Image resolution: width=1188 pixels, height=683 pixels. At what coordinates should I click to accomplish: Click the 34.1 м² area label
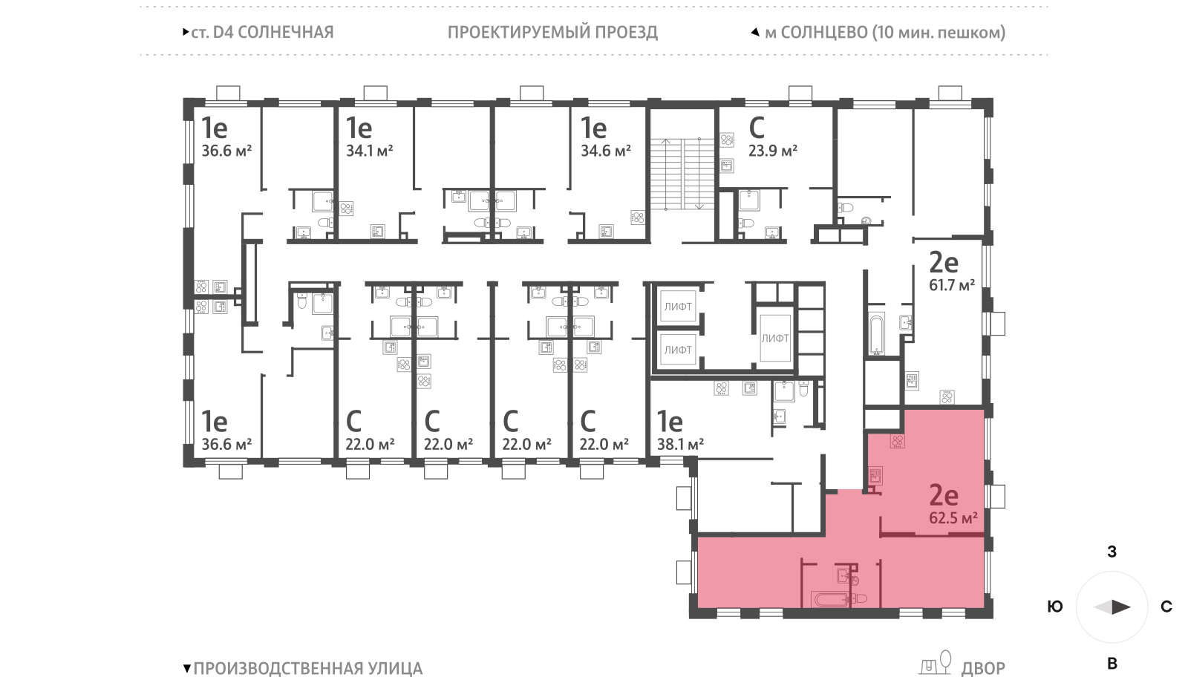[369, 151]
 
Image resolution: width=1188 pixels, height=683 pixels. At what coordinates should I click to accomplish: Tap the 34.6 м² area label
[605, 151]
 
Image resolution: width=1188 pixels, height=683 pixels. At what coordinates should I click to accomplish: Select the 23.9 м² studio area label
[772, 151]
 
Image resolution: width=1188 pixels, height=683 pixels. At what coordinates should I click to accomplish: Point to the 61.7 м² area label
[951, 285]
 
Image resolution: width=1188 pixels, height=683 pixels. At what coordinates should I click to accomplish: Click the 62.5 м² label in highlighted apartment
[953, 518]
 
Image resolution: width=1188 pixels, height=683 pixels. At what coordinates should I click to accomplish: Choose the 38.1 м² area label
[680, 445]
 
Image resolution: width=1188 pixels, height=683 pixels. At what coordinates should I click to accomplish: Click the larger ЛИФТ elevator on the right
[774, 338]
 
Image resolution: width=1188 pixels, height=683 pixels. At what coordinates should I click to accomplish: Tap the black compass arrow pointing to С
[1120, 607]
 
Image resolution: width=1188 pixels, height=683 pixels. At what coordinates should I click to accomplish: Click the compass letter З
[1112, 552]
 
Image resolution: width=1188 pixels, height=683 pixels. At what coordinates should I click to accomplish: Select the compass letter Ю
[1054, 607]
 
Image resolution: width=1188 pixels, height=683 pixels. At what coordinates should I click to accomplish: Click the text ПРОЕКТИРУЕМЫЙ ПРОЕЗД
[552, 33]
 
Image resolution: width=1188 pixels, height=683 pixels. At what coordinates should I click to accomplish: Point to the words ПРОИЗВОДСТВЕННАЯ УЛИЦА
[307, 669]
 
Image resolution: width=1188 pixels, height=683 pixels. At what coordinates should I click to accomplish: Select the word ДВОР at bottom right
[982, 669]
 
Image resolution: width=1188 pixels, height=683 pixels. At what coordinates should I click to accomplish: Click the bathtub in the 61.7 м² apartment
[876, 335]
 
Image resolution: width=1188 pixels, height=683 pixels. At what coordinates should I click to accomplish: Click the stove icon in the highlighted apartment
[897, 441]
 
